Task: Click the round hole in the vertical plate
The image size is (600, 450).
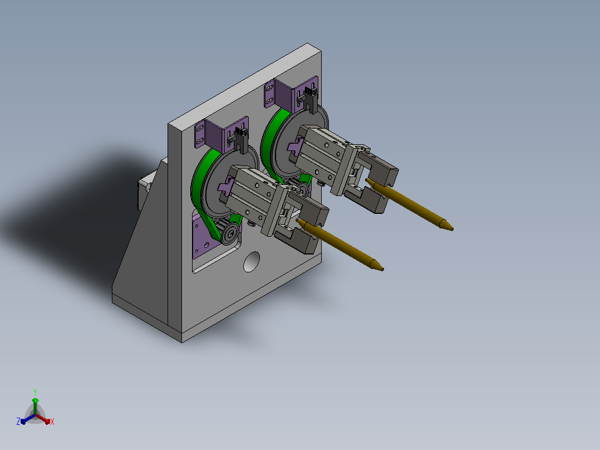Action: [x=251, y=262]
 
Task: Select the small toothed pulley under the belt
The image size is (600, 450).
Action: [x=228, y=231]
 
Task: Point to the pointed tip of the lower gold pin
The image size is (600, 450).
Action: [x=381, y=269]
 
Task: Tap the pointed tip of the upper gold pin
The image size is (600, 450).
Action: [x=451, y=229]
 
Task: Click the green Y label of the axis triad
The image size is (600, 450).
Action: [x=35, y=392]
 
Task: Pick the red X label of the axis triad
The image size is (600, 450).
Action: [x=52, y=422]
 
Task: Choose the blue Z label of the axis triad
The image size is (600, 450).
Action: [x=18, y=422]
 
